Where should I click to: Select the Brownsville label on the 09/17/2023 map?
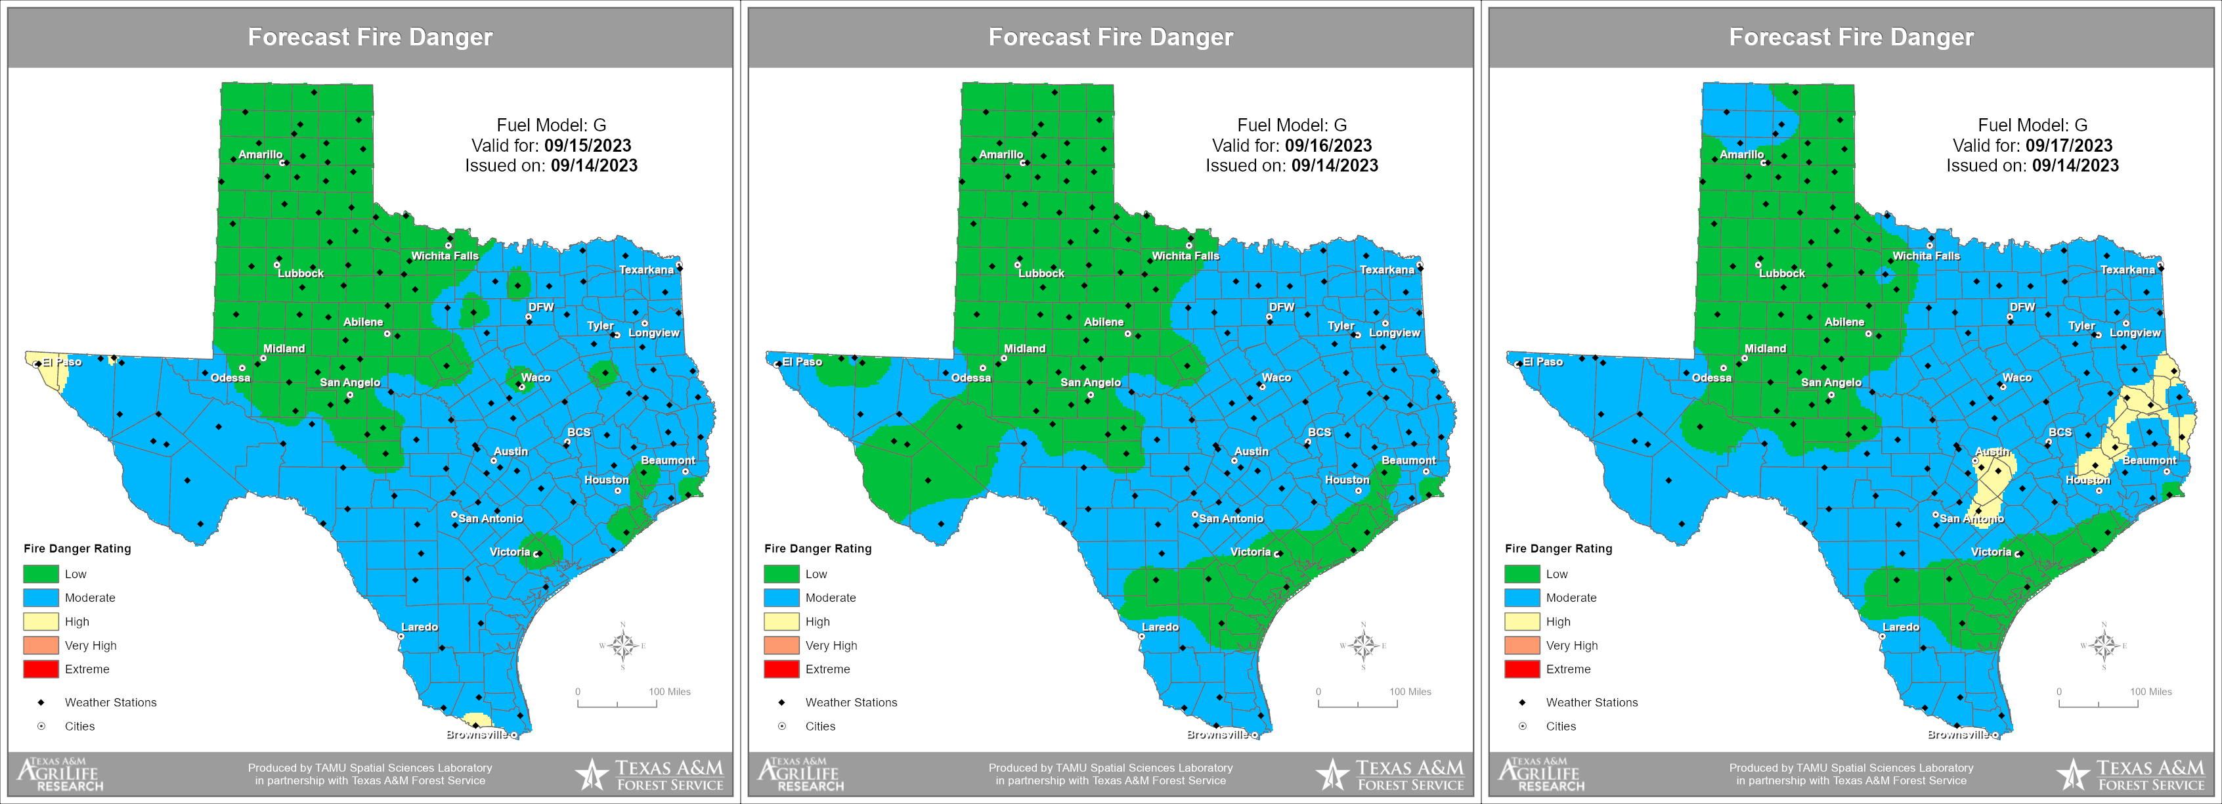point(1957,734)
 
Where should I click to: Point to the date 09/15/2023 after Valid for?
point(588,146)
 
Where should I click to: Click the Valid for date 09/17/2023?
point(2068,146)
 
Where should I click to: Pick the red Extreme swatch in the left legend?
point(41,669)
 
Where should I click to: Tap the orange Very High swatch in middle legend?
point(781,645)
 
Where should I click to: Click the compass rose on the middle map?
point(1363,645)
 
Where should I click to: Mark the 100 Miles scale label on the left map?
point(669,692)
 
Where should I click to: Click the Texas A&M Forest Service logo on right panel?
point(2131,774)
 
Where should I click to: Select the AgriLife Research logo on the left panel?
point(60,774)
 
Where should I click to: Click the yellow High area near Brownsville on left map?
point(475,719)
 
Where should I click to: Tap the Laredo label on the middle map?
point(1160,627)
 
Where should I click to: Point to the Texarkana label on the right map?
point(2127,270)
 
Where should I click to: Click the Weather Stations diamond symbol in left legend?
point(41,702)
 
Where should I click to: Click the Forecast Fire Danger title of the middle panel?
point(1110,37)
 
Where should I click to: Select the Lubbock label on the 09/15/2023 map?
point(300,273)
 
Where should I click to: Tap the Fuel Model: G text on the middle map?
point(1292,125)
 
